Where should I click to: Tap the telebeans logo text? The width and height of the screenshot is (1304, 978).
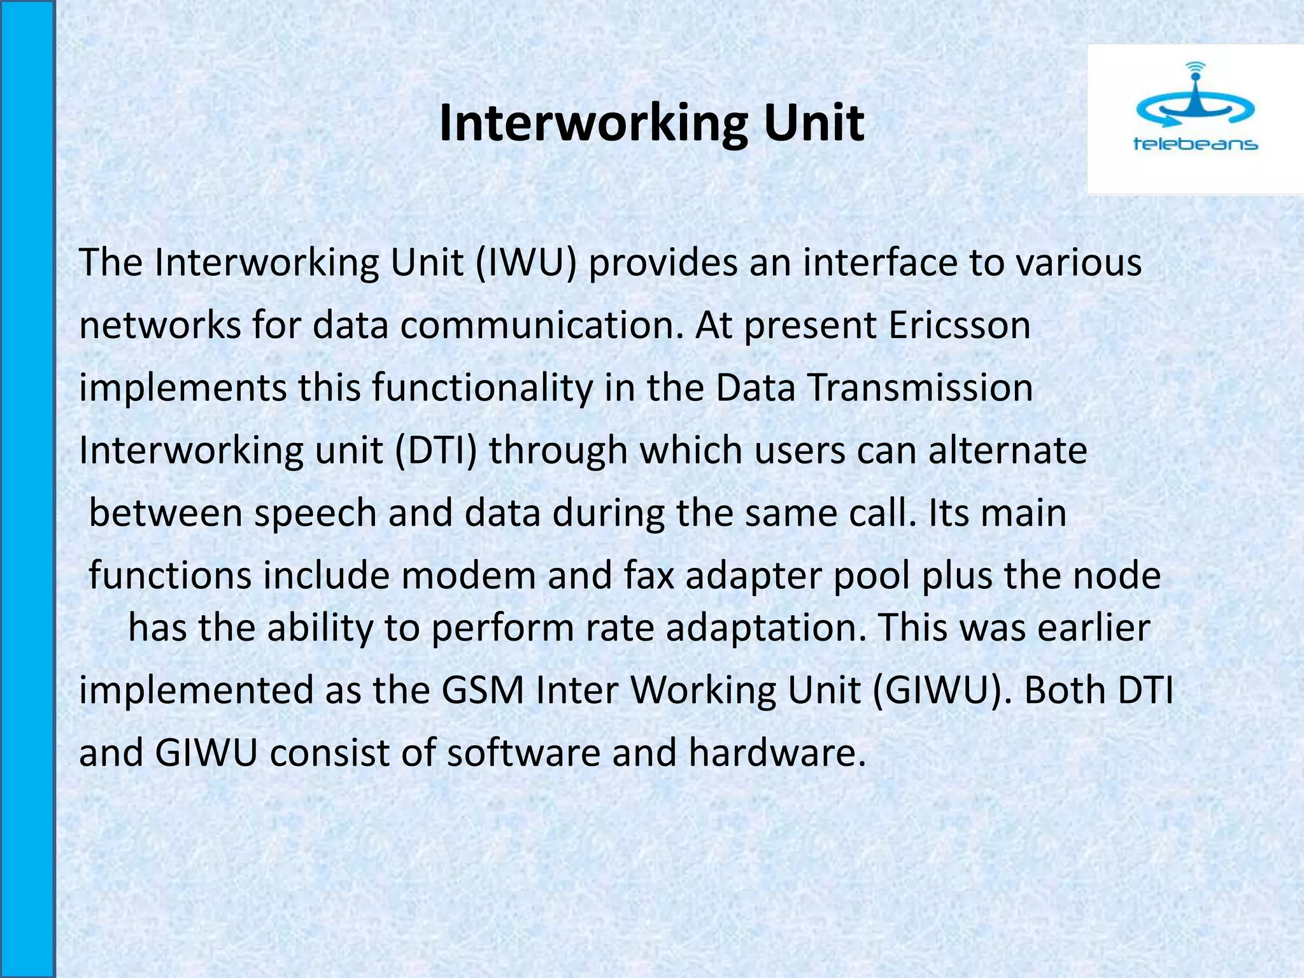click(1195, 144)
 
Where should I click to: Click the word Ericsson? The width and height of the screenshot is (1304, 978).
click(960, 325)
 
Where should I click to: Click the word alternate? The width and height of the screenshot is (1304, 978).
click(1007, 451)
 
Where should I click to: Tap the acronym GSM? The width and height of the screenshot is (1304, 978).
click(483, 690)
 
